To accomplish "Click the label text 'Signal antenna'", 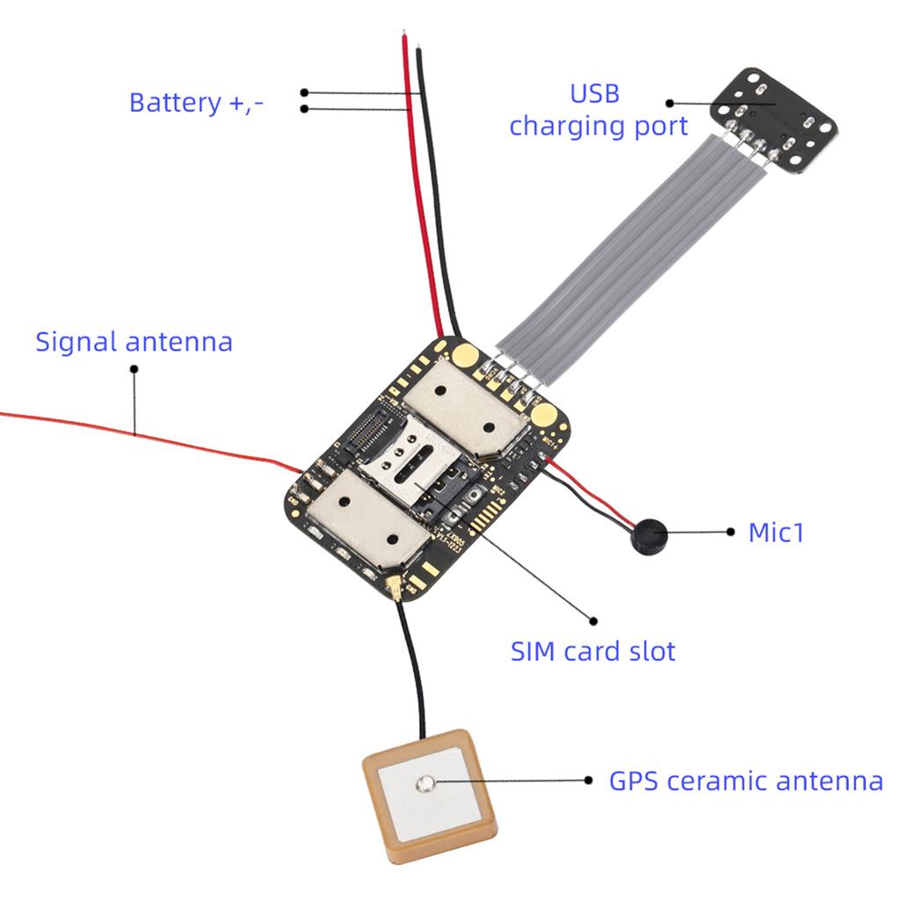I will click(x=134, y=341).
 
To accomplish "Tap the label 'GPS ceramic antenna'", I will click(x=745, y=780).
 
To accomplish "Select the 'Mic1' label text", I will click(x=776, y=532).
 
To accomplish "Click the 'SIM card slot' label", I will click(x=593, y=651).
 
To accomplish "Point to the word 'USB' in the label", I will click(x=595, y=93).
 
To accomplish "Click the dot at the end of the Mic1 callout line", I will click(x=730, y=531).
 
